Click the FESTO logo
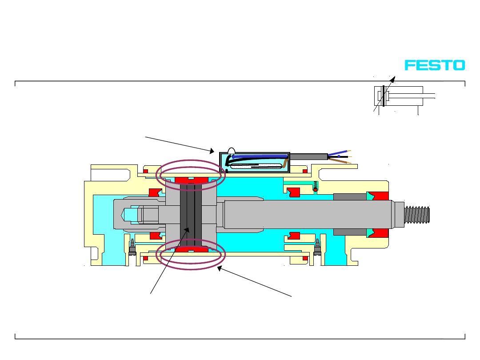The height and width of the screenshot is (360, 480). pos(434,65)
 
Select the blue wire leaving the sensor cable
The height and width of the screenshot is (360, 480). pos(339,152)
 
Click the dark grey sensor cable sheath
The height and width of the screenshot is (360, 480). pos(308,156)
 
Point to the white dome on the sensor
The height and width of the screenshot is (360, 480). pos(231,151)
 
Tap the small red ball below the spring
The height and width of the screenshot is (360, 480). pos(315,190)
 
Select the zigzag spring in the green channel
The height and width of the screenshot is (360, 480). pos(315,184)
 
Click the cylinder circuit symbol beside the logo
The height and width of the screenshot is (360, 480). pos(399,96)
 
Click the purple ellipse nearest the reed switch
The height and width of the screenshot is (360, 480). pos(192,173)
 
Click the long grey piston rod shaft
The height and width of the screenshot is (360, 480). pos(307,214)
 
